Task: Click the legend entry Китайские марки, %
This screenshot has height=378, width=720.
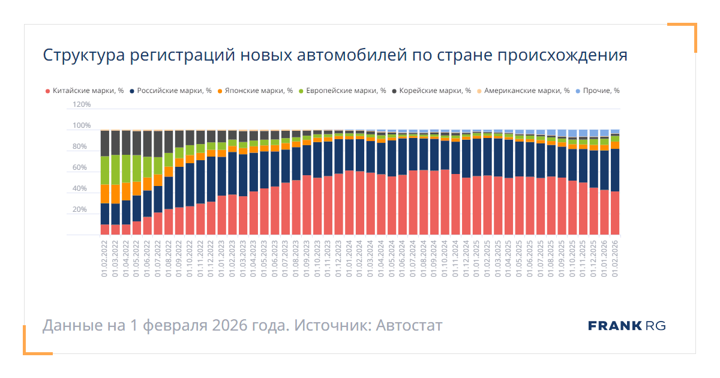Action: point(88,91)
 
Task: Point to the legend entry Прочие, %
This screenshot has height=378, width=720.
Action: point(602,91)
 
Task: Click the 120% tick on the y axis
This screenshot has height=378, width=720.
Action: point(81,104)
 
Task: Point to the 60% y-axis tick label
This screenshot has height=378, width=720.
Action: point(82,168)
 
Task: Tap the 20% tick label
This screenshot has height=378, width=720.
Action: point(82,210)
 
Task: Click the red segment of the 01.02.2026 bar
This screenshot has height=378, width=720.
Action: point(614,213)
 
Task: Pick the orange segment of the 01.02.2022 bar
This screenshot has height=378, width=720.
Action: point(105,194)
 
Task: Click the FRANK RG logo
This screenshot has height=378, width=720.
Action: point(626,326)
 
